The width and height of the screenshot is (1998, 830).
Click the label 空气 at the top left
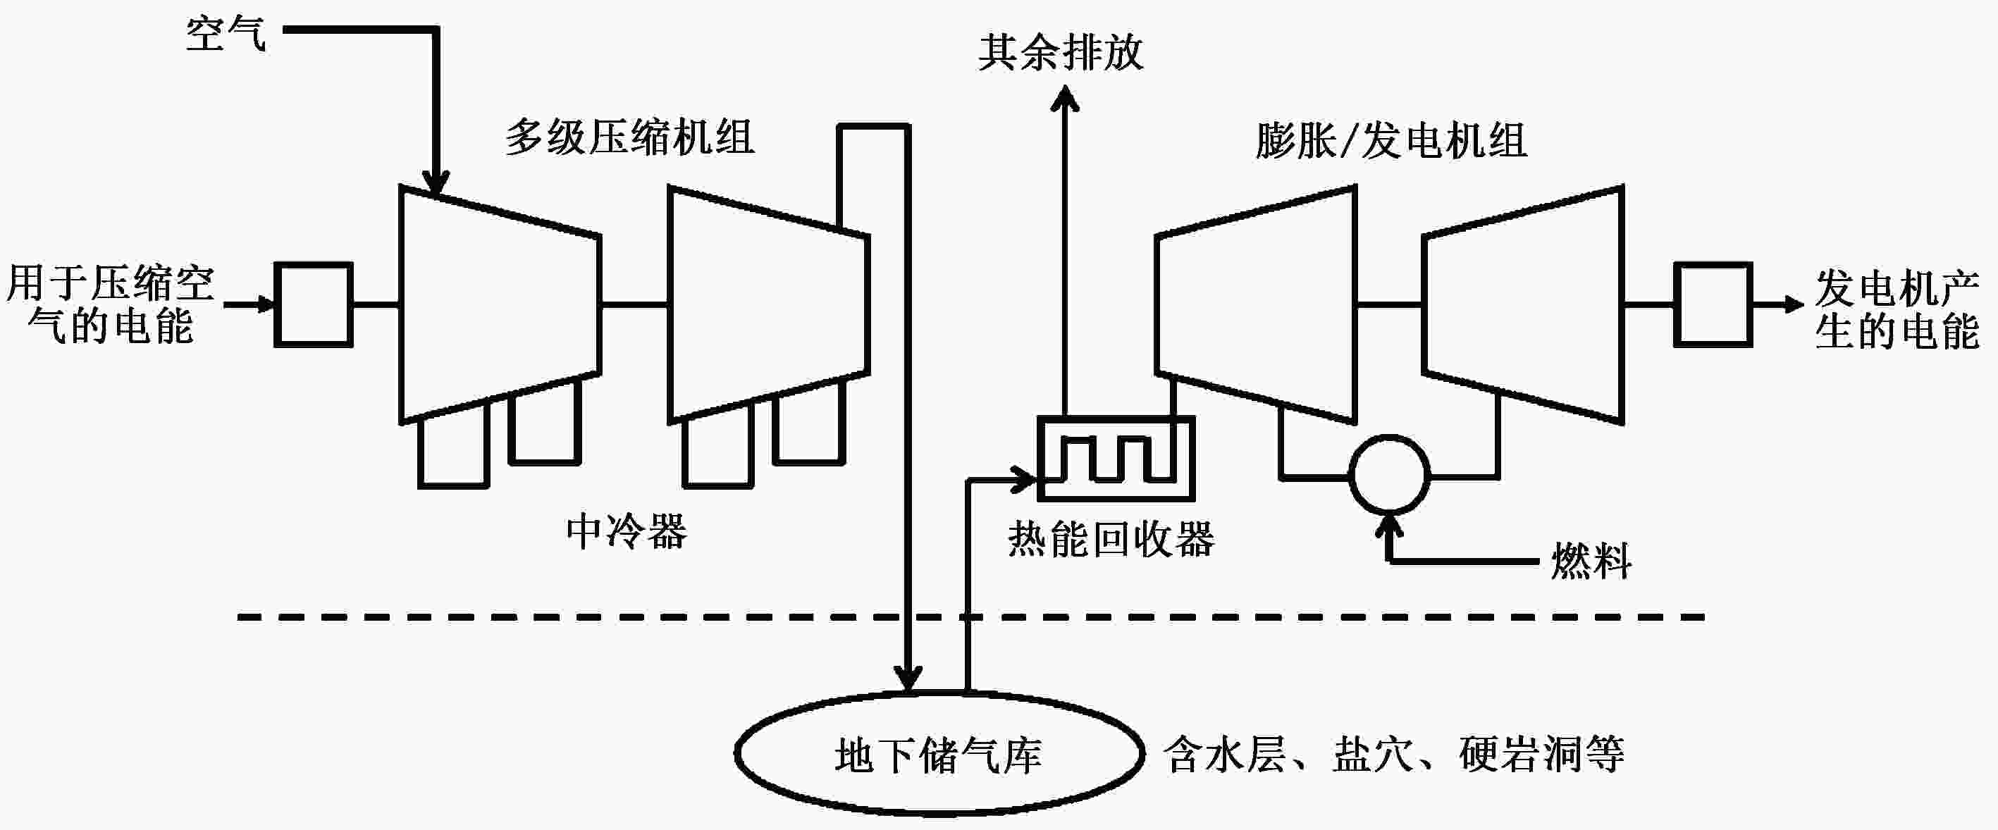pos(226,35)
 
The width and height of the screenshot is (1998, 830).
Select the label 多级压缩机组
pos(630,138)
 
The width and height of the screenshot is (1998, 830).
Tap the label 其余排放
pos(1060,53)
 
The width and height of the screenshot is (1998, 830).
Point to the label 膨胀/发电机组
pos(1391,141)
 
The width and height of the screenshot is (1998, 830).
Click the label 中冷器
pos(627,532)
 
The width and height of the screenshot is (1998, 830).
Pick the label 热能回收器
pos(1111,539)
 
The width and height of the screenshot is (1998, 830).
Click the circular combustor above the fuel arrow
pos(1389,475)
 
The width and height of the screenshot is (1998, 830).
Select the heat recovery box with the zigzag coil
pos(1116,459)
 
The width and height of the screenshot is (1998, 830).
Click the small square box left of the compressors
pos(314,304)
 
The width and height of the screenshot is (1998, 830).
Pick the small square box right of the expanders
pos(1713,304)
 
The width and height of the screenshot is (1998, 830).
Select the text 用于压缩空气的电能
pos(110,304)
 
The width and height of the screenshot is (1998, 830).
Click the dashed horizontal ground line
pos(543,617)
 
